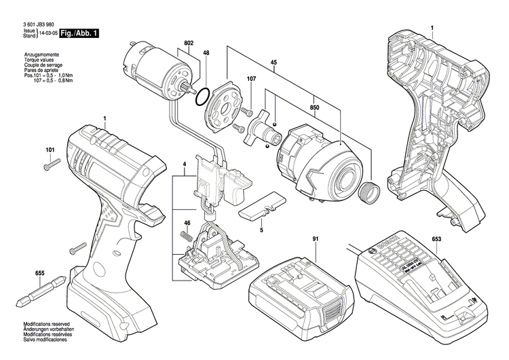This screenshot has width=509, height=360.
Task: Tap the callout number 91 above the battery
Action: point(315,238)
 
